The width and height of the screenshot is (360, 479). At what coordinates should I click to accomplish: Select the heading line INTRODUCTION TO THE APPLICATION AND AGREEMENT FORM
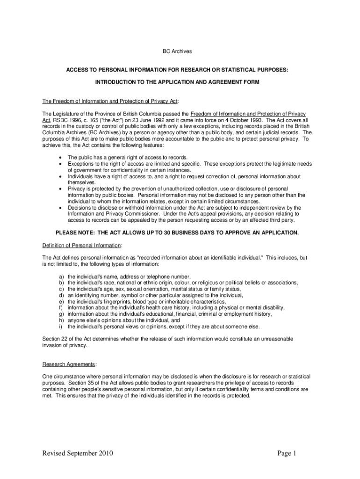[177, 82]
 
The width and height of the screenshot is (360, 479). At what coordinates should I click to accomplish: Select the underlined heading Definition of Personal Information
[82, 245]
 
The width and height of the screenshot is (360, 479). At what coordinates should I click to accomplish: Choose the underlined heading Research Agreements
[69, 364]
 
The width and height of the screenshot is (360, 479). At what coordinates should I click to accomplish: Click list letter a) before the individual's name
[61, 276]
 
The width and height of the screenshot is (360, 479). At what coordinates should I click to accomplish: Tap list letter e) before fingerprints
[61, 302]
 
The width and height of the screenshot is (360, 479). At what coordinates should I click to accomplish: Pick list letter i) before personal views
[61, 327]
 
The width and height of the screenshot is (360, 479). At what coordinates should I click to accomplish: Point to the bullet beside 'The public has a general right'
[61, 158]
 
